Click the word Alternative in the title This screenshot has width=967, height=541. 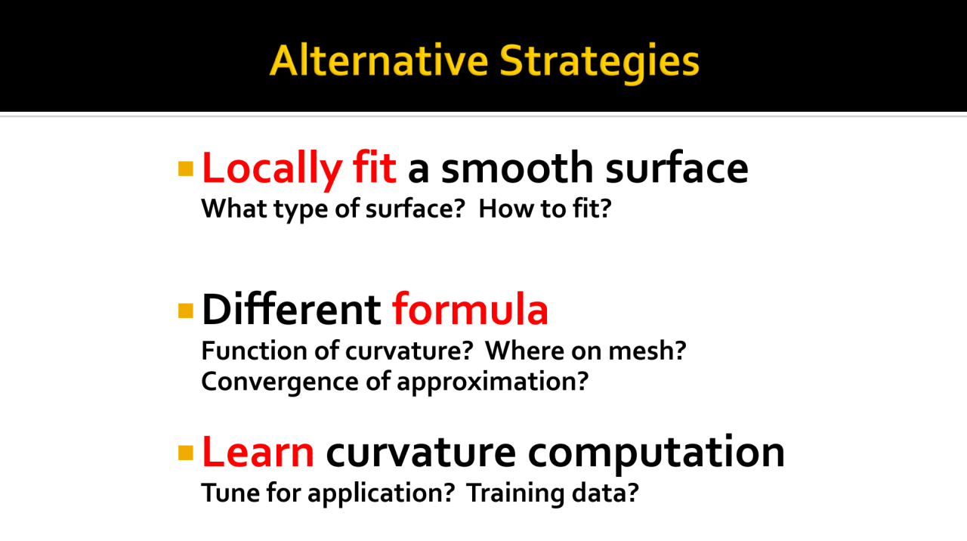[x=378, y=61]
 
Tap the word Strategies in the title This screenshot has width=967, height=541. [x=600, y=63]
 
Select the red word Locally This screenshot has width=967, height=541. [x=273, y=169]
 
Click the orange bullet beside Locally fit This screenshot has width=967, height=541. [x=186, y=168]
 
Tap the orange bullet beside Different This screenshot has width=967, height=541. [x=186, y=311]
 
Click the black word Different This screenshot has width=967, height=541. [x=292, y=309]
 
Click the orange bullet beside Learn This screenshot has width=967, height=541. [x=186, y=453]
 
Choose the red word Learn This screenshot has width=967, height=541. [x=258, y=452]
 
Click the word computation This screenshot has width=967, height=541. [x=657, y=452]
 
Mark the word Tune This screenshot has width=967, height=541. [x=230, y=493]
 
